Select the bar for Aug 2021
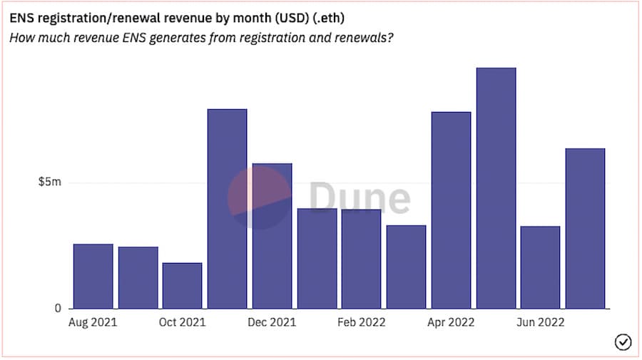pyautogui.click(x=93, y=277)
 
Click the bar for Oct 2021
pyautogui.click(x=183, y=286)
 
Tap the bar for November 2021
pyautogui.click(x=228, y=209)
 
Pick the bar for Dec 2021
pyautogui.click(x=272, y=236)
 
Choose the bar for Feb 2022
pyautogui.click(x=362, y=259)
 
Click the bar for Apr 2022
pyautogui.click(x=452, y=210)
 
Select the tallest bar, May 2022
pyautogui.click(x=496, y=188)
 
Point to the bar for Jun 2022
pyautogui.click(x=541, y=267)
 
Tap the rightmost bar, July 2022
pyautogui.click(x=586, y=229)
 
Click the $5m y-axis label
pyautogui.click(x=50, y=182)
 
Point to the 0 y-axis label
pyautogui.click(x=58, y=309)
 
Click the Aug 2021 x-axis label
pyautogui.click(x=93, y=323)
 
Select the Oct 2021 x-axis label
pyautogui.click(x=183, y=323)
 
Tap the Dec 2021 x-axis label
pyautogui.click(x=272, y=323)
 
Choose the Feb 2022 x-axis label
pyautogui.click(x=362, y=323)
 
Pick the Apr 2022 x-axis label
pyautogui.click(x=452, y=323)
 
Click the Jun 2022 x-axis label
pyautogui.click(x=541, y=323)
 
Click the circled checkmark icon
pyautogui.click(x=623, y=343)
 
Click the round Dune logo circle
pyautogui.click(x=260, y=197)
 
